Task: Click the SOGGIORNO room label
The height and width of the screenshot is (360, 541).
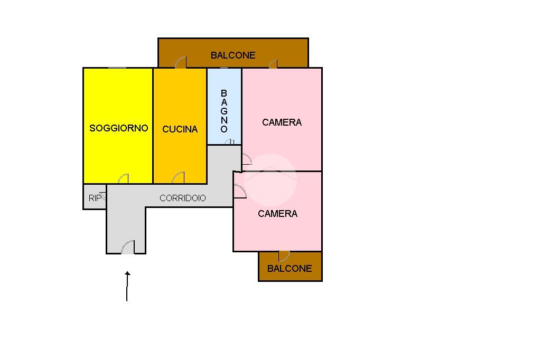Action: point(118,128)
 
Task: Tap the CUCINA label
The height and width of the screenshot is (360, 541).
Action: point(180,129)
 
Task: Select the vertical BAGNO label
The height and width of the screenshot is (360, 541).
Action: point(224,111)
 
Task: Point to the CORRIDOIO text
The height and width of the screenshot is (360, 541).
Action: point(183,198)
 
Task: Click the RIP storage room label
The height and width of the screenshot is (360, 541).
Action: point(95,198)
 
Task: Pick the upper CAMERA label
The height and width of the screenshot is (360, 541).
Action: point(282,122)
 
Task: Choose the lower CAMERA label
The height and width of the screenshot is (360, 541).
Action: point(277,214)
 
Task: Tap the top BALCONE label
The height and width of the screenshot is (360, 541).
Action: point(232,55)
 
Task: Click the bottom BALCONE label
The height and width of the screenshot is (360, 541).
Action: point(290,269)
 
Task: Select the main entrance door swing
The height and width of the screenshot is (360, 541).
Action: point(128,247)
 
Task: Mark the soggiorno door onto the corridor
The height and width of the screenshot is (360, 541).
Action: point(123,178)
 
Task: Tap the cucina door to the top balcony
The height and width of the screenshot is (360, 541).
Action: point(181,62)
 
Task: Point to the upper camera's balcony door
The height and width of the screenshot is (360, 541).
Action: point(273,64)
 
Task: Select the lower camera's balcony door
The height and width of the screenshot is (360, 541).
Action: point(284,256)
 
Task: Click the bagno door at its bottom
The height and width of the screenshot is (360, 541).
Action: point(230,141)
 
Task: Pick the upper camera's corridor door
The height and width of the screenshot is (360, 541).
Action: point(246,159)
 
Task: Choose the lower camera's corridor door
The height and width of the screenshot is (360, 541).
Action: point(239,192)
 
